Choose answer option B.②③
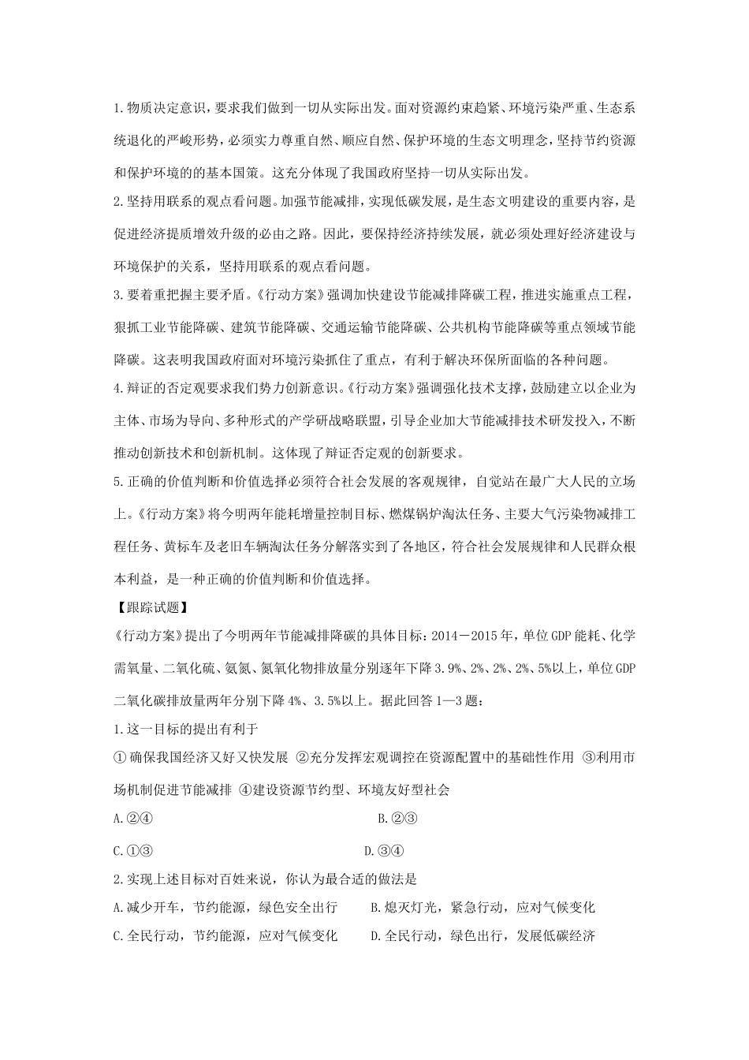click(x=397, y=819)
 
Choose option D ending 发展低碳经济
click(x=483, y=936)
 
